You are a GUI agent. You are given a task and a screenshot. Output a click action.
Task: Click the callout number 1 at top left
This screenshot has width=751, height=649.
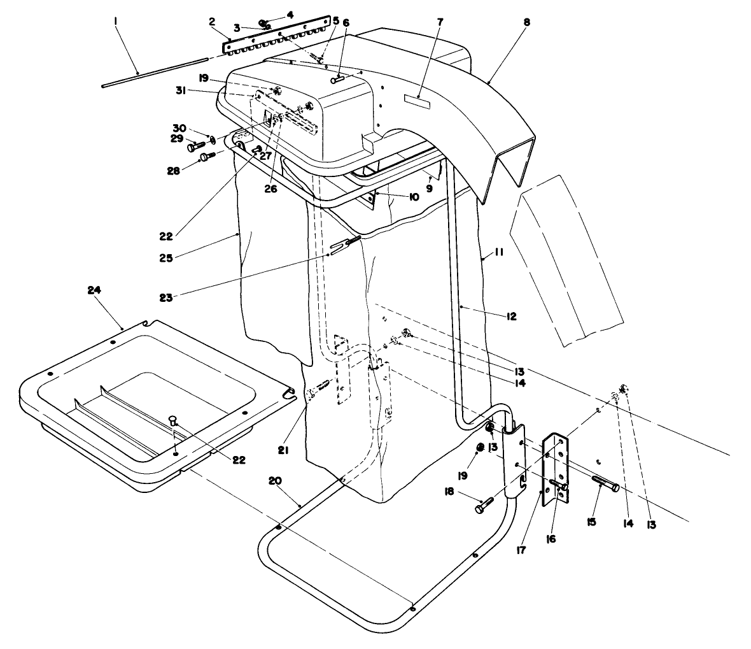tap(115, 21)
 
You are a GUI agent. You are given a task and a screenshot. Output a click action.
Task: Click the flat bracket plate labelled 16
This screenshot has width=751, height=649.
tap(557, 470)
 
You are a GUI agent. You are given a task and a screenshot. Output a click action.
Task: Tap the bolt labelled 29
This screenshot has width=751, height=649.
tap(195, 146)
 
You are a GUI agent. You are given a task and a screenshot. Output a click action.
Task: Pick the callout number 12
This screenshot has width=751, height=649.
tap(511, 316)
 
